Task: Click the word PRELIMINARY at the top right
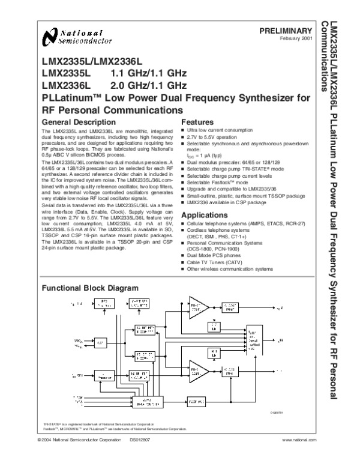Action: (286, 31)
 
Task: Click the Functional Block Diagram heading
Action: (89, 288)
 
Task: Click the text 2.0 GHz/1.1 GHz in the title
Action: (148, 85)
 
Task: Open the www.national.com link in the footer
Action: (298, 457)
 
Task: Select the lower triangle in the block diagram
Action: (196, 369)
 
